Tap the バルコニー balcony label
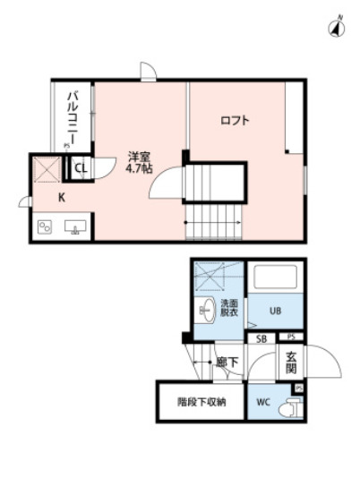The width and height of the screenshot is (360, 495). coord(71,116)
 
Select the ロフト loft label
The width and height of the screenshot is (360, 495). coord(235,120)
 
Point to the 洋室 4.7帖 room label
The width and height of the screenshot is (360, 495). coord(139,161)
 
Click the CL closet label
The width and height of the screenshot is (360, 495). coord(80,167)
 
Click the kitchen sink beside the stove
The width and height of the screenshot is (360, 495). coord(74,226)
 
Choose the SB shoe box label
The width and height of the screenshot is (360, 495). coord(261,338)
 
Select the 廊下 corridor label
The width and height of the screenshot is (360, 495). coord(227,362)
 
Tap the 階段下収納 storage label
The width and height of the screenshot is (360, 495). coord(201,402)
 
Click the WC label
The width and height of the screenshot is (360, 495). coord(262,402)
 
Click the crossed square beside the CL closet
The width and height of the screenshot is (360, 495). coord(46,168)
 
